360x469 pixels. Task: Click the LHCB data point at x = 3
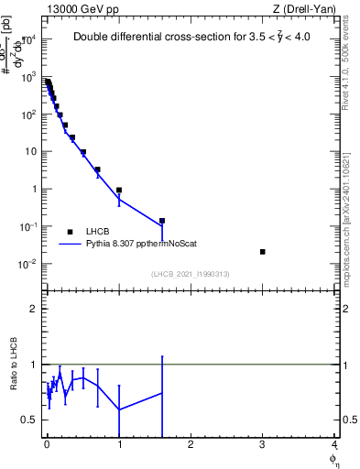pyautogui.click(x=263, y=252)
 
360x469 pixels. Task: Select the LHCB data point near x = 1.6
pyautogui.click(x=162, y=221)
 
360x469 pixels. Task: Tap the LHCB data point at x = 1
pyautogui.click(x=119, y=191)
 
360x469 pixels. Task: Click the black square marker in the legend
pyautogui.click(x=70, y=232)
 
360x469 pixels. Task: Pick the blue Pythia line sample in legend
pyautogui.click(x=70, y=245)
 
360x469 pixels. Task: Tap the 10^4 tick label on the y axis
pyautogui.click(x=28, y=39)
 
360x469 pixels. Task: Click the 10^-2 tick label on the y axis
pyautogui.click(x=28, y=264)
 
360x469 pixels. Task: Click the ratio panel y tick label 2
pyautogui.click(x=33, y=309)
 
